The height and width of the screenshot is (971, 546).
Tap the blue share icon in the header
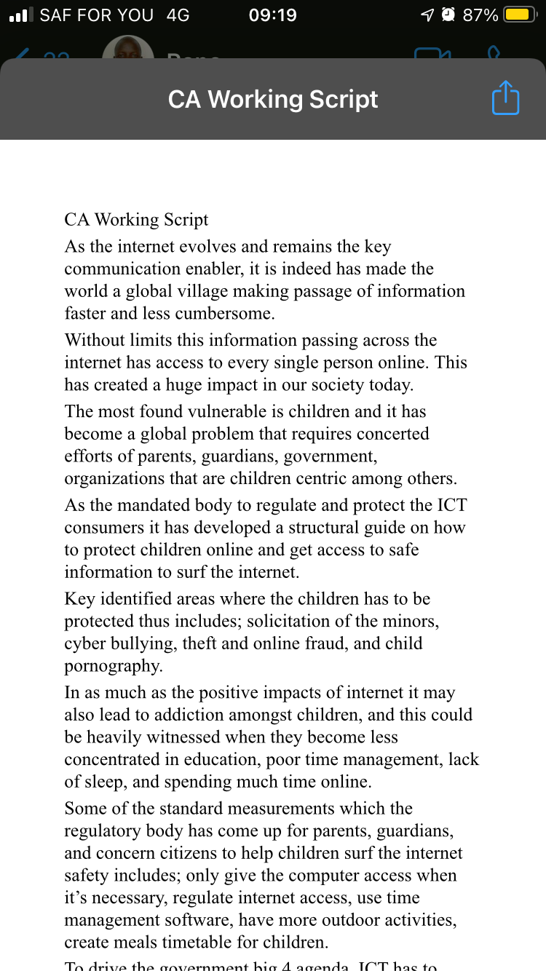click(x=505, y=98)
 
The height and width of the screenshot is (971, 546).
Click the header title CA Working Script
click(x=273, y=99)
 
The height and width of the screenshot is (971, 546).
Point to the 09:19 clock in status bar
click(x=272, y=15)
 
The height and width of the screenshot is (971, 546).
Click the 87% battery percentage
click(x=480, y=15)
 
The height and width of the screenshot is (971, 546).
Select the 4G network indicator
click(x=178, y=15)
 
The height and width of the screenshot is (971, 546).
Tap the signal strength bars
click(x=22, y=15)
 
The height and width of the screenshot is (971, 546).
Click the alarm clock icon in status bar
click(x=448, y=15)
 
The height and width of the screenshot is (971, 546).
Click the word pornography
click(x=112, y=666)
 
